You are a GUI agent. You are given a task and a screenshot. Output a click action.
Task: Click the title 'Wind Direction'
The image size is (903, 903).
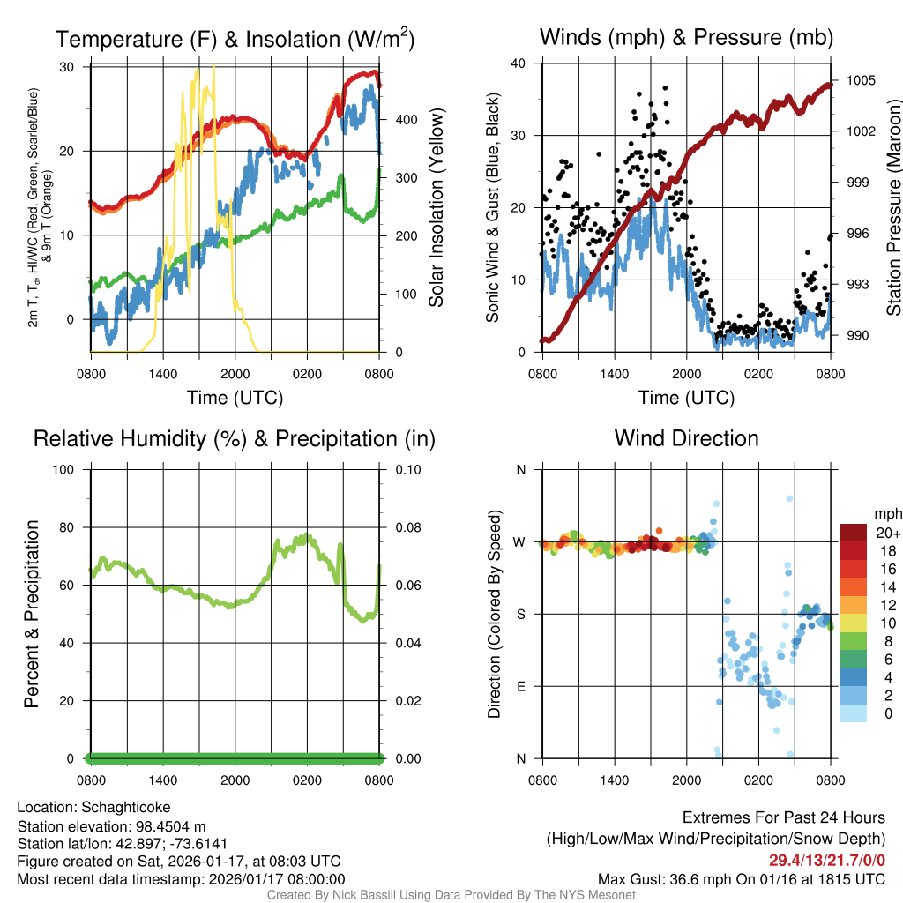(x=686, y=438)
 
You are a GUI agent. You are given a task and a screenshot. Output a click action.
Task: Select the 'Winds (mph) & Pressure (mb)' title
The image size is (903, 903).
(x=686, y=37)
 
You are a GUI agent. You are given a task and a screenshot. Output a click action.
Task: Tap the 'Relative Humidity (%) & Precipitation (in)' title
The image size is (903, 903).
(x=235, y=438)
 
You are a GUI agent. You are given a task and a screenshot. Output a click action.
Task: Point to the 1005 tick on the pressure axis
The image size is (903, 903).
(x=860, y=80)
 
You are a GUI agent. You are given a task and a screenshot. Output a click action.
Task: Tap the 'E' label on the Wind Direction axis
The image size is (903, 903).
(x=520, y=686)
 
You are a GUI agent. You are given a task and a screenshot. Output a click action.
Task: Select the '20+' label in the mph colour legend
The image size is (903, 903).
(x=887, y=533)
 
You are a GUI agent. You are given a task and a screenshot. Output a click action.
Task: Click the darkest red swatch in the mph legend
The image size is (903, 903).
(x=854, y=533)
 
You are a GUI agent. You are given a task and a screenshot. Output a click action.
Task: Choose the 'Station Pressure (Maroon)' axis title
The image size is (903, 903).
(x=893, y=208)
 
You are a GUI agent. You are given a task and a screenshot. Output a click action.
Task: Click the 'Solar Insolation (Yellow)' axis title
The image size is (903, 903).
(x=436, y=208)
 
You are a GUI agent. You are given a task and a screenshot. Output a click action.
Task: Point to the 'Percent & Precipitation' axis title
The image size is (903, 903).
(x=32, y=614)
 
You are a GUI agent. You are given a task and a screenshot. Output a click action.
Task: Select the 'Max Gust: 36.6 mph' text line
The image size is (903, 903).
(x=741, y=878)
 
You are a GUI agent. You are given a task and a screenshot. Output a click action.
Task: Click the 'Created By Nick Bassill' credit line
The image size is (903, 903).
(x=451, y=895)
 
